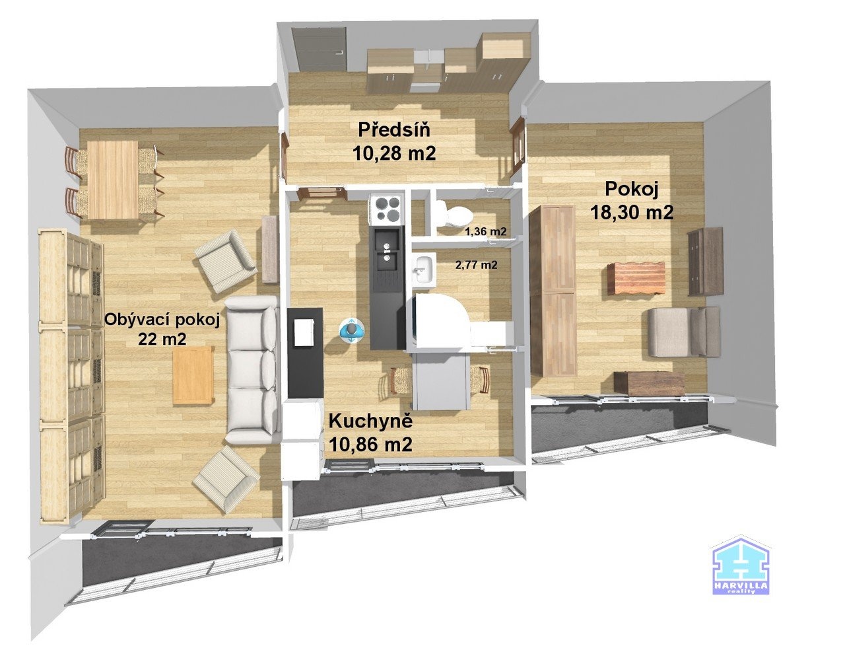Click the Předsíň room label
click(x=394, y=130)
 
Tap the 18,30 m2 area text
click(x=632, y=213)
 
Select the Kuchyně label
click(x=370, y=421)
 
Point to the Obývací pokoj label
click(x=162, y=320)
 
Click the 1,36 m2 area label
click(x=486, y=232)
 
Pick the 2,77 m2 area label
click(x=476, y=266)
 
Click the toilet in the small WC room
click(x=453, y=213)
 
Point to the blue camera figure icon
click(x=351, y=331)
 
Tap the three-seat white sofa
click(x=252, y=370)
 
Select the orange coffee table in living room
click(x=193, y=375)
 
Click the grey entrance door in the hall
click(x=320, y=50)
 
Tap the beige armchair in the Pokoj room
click(x=684, y=332)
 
